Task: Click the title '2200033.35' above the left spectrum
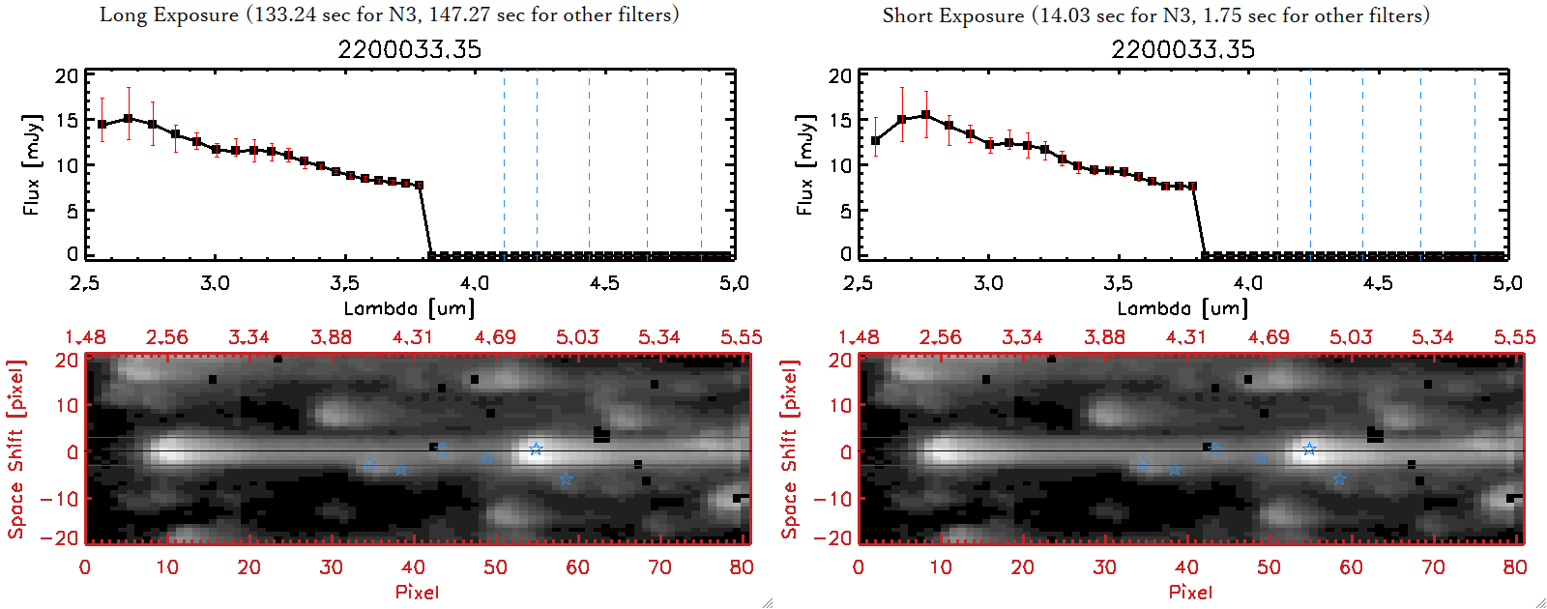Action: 409,49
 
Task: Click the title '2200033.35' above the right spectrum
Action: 1182,49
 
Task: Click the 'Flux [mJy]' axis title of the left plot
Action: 32,164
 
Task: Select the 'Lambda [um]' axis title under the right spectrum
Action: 1182,308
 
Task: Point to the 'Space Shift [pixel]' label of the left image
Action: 15,449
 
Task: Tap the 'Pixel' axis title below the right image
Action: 1190,592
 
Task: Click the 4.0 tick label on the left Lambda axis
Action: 474,283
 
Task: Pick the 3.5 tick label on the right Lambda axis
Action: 1118,283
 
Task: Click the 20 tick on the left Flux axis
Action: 67,76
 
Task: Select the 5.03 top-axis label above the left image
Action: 577,337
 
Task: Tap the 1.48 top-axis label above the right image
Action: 859,337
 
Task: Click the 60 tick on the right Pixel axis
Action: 1351,567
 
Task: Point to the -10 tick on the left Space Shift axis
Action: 58,498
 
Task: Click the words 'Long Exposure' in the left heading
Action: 169,14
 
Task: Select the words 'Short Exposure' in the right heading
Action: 953,15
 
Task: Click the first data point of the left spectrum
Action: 102,125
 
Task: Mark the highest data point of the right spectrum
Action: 925,115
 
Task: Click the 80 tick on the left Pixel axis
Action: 742,567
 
